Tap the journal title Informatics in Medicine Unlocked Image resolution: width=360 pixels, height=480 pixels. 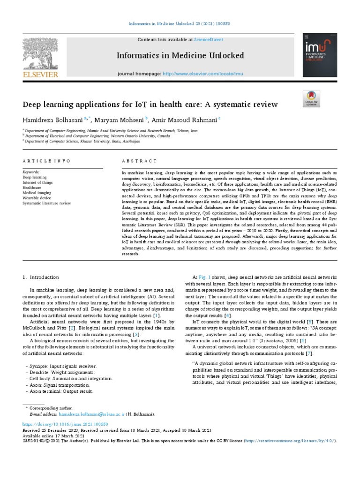[180, 56]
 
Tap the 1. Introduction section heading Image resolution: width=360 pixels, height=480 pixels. [41, 277]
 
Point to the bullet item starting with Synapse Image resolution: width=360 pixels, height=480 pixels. [61, 366]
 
